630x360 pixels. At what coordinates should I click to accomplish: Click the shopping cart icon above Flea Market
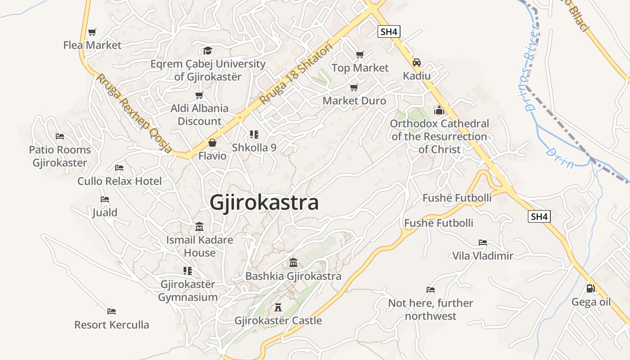tap(92, 32)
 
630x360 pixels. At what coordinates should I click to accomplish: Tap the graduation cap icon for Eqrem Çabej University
tap(207, 50)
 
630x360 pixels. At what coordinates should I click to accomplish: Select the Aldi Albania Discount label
tap(199, 115)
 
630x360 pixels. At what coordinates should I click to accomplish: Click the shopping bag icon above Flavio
tap(212, 143)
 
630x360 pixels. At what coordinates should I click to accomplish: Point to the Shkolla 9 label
tap(254, 147)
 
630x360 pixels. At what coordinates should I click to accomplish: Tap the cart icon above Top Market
tap(360, 55)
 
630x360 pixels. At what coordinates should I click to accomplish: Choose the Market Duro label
tap(354, 100)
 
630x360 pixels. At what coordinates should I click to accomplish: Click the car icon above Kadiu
tap(417, 63)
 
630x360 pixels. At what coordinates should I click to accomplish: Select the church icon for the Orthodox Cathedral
tap(439, 110)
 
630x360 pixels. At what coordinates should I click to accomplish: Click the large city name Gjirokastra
tap(264, 202)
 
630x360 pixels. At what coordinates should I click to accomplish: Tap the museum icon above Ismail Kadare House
tap(199, 226)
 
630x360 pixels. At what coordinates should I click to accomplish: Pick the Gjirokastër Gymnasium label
tap(188, 291)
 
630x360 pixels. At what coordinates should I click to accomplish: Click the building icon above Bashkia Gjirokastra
tap(293, 262)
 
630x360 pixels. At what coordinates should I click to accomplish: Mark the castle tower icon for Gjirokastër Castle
tap(278, 307)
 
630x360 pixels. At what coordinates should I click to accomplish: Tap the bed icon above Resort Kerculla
tap(112, 311)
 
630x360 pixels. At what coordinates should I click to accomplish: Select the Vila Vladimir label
tap(482, 256)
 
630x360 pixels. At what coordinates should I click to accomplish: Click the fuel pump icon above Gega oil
tap(590, 288)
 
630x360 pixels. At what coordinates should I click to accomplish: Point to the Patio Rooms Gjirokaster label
tap(60, 156)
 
